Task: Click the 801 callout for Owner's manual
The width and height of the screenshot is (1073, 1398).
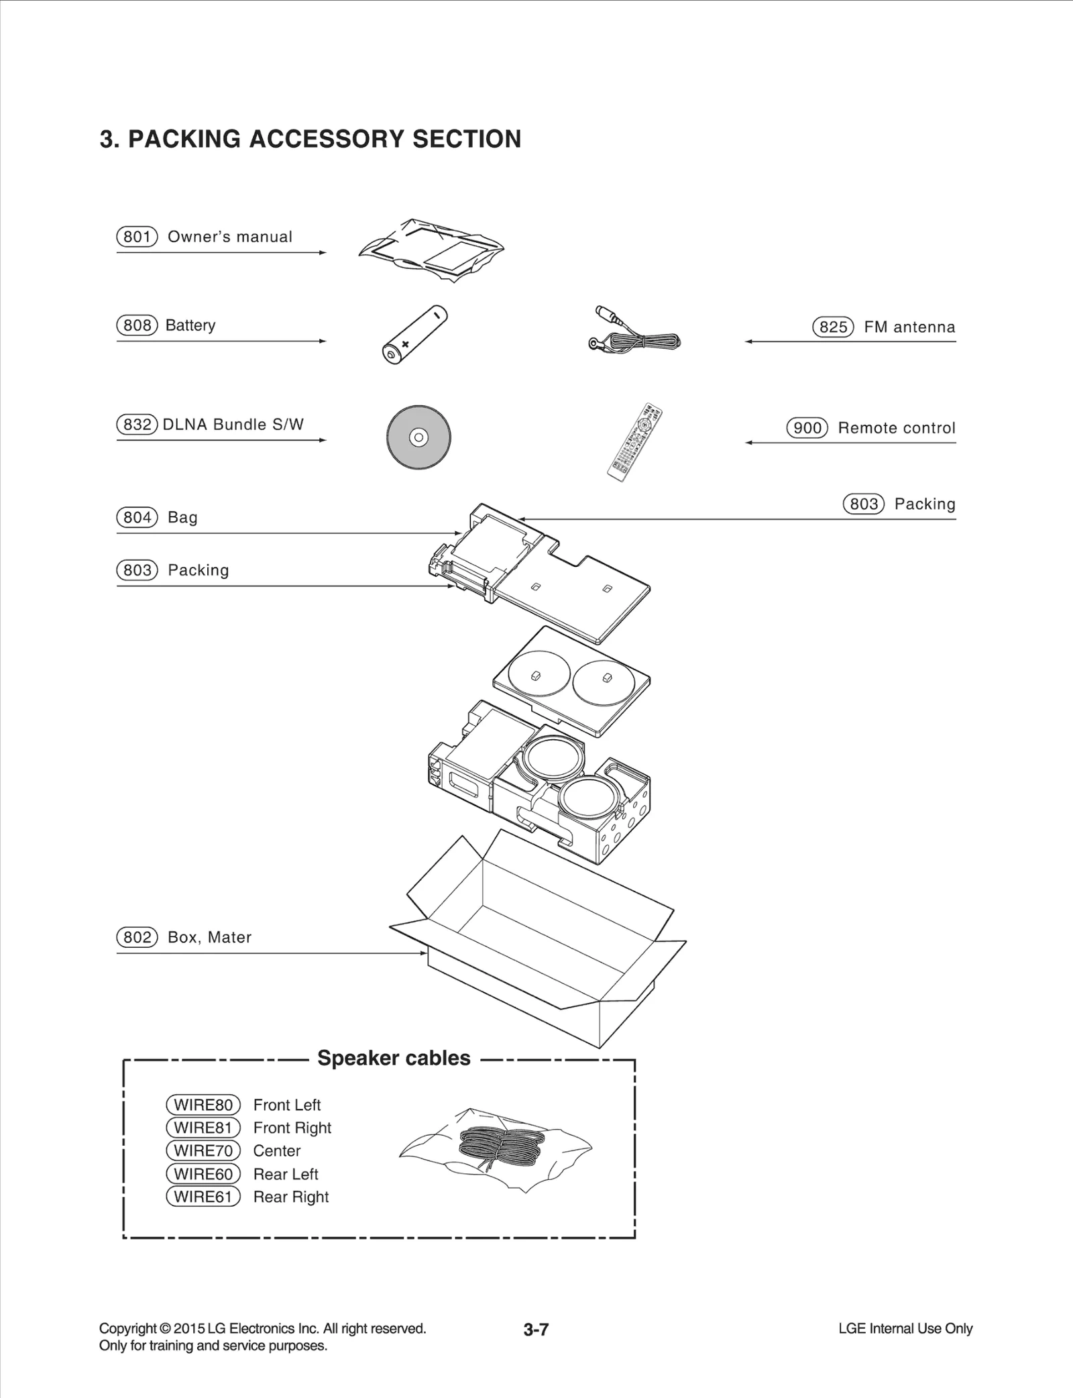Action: click(x=137, y=237)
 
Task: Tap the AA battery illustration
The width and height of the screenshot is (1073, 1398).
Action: click(x=414, y=335)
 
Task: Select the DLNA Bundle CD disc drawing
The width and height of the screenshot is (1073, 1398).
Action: click(x=418, y=437)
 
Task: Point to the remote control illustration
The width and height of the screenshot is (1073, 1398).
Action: click(x=634, y=442)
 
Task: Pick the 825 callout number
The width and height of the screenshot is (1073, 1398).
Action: click(x=833, y=327)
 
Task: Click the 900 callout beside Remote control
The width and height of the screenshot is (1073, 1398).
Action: click(x=807, y=428)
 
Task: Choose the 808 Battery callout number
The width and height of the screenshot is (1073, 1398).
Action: click(x=137, y=325)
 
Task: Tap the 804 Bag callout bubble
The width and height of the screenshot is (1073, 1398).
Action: click(x=137, y=517)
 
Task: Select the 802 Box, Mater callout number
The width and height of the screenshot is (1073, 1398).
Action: click(x=137, y=937)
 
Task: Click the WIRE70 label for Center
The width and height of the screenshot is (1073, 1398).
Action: click(x=203, y=1150)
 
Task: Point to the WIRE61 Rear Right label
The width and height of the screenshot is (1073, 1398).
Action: click(x=203, y=1197)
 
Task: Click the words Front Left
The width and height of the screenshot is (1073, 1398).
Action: click(x=287, y=1105)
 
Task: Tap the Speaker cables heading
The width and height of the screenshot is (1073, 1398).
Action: click(x=394, y=1058)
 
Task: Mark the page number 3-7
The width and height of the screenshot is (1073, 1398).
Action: click(x=536, y=1330)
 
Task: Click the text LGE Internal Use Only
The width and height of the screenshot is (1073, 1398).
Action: click(x=905, y=1328)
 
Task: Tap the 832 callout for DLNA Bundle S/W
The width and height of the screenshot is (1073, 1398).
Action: click(x=137, y=425)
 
